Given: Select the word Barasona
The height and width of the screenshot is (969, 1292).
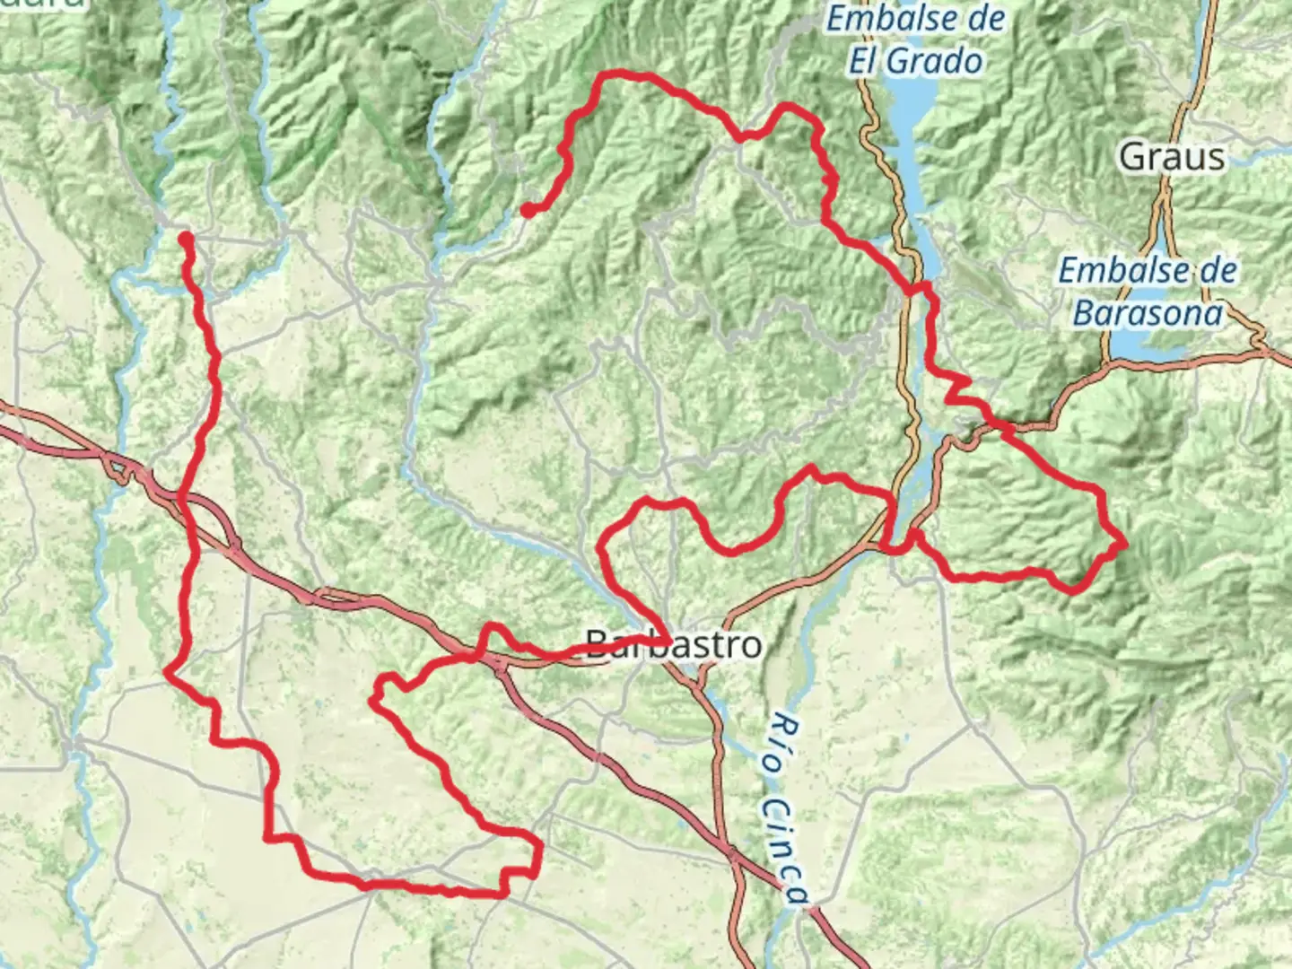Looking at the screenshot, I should pos(1148,312).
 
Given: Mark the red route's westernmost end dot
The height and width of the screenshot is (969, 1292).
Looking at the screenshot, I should pos(185,239).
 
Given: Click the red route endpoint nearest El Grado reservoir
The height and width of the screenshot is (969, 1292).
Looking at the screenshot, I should pos(528,210).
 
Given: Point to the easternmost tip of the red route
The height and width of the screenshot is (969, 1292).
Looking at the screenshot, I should pos(1123,544).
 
